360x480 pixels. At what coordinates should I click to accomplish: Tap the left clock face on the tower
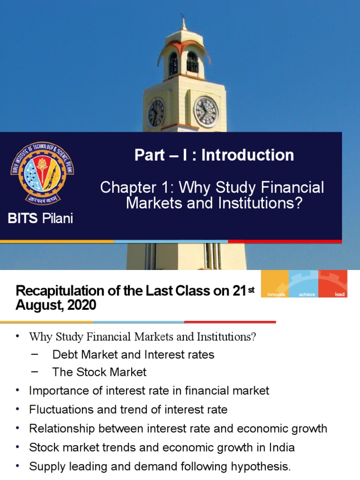[x=156, y=113]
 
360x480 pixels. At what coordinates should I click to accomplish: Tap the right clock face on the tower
[x=206, y=112]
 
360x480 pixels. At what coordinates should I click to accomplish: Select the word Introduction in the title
[x=248, y=155]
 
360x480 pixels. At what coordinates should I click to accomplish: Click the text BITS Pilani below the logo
[x=40, y=218]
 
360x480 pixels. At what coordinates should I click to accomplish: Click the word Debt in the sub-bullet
[x=64, y=354]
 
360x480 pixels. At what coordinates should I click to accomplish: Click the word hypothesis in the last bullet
[x=262, y=466]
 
